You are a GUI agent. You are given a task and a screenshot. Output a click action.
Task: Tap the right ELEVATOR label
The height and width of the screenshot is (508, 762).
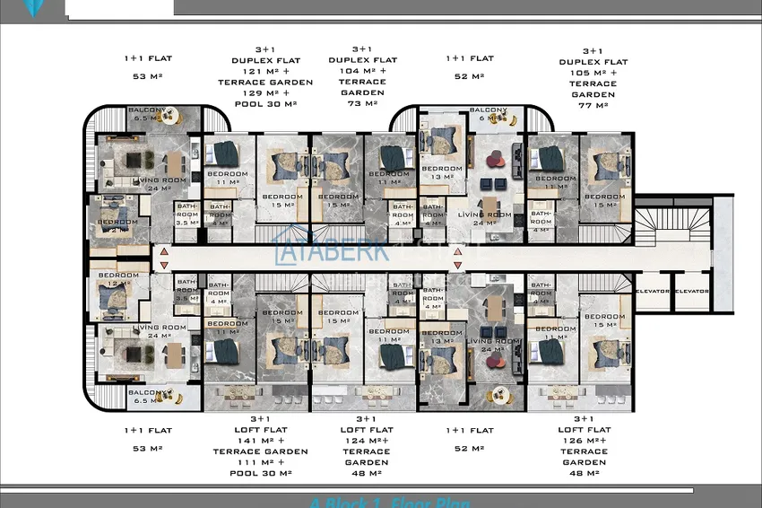pos(691,291)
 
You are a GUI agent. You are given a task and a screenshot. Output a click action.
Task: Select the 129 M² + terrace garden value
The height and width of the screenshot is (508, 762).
pos(265,93)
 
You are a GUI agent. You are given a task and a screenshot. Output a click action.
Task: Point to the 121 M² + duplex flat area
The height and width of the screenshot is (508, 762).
pos(265,71)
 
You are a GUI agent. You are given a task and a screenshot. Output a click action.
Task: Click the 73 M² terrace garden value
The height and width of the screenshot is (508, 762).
pos(362,103)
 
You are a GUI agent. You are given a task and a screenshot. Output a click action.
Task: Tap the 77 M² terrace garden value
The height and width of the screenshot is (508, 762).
pos(593,105)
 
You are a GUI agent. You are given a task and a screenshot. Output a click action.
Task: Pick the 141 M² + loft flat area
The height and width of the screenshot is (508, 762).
pos(265,441)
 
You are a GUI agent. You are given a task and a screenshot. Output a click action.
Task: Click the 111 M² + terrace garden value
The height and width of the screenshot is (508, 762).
pos(265,462)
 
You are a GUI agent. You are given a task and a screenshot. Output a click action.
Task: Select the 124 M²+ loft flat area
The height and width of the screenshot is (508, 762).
pos(366,441)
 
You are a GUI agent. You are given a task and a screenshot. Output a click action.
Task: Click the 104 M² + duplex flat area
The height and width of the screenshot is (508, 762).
pos(362,71)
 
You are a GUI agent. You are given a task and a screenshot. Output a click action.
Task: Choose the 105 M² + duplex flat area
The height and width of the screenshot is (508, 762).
pos(593,73)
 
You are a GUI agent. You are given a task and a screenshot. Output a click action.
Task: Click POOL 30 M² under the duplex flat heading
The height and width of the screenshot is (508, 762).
pos(265,104)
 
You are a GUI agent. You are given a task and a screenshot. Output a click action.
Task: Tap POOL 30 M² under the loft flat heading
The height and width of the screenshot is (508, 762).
pos(265,473)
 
